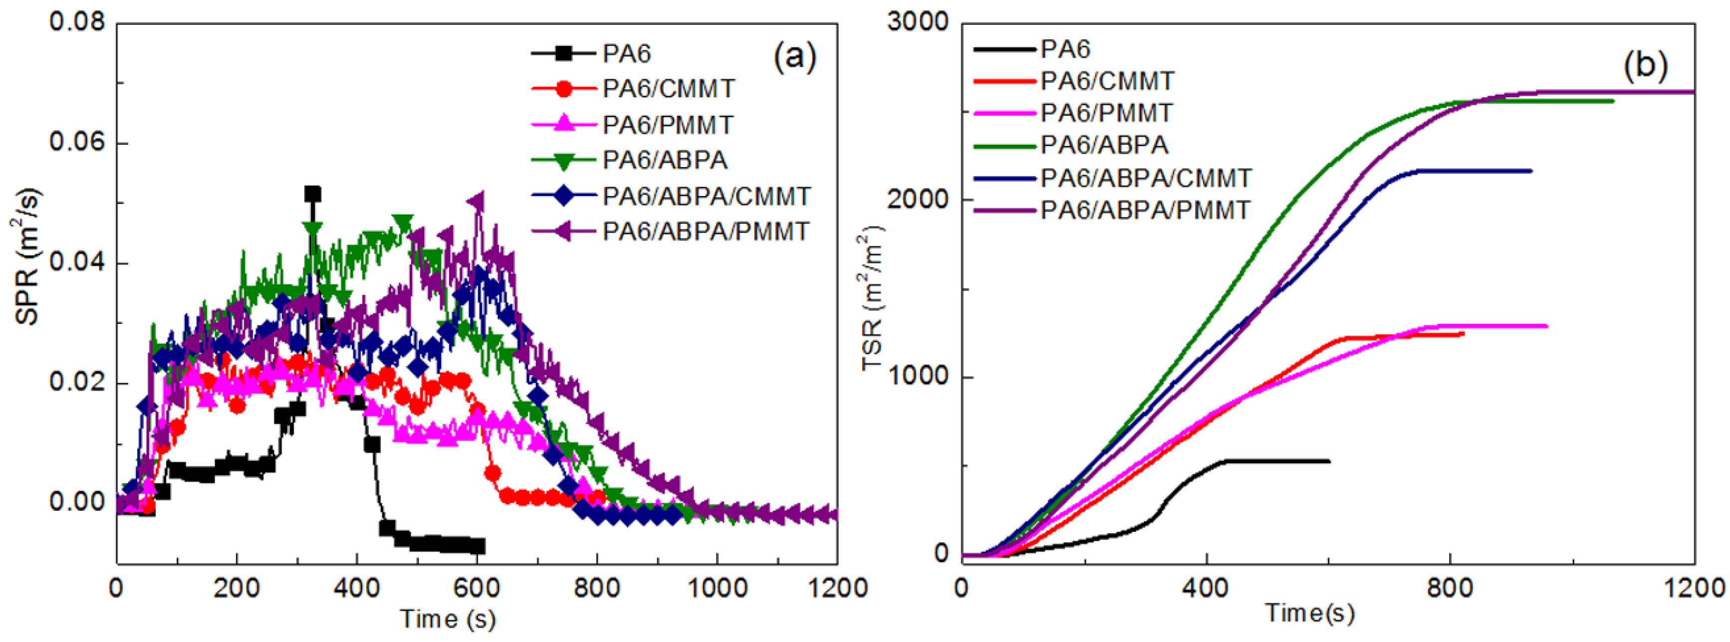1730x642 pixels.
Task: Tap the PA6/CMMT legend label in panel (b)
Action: [1107, 81]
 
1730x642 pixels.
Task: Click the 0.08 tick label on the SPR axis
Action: [77, 22]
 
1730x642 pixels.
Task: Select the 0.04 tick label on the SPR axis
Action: [77, 262]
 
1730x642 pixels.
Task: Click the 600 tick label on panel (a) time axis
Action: [476, 588]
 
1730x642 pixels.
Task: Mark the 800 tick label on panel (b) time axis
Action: [1450, 588]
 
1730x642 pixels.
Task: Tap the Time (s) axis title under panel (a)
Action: [448, 619]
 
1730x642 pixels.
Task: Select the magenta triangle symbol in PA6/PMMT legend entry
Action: [565, 124]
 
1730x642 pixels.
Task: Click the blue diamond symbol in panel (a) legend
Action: [565, 196]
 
